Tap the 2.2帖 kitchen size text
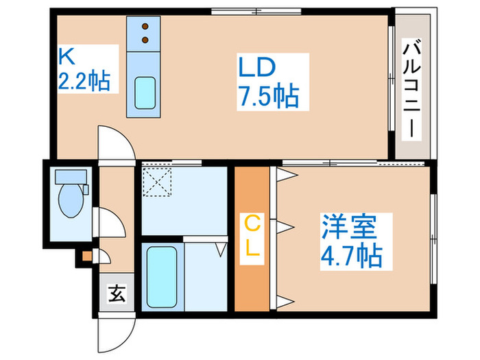[83, 82]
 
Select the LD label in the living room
[256, 67]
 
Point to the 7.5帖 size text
[268, 95]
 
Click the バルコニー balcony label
[412, 89]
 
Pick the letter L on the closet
[253, 250]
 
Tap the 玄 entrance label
[116, 296]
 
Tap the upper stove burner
[145, 27]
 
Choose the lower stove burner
[145, 40]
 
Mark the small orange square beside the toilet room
[87, 256]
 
